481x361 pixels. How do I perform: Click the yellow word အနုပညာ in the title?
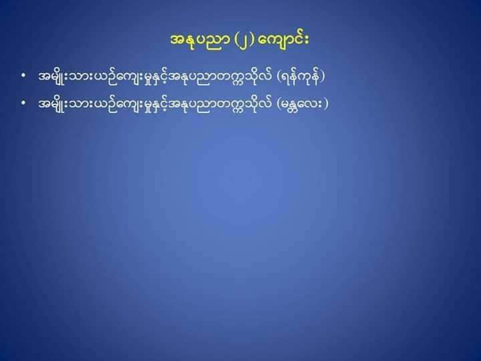199,40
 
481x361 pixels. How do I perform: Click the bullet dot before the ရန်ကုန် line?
23,75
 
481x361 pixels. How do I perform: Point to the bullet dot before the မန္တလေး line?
23,103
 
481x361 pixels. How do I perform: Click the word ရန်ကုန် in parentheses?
301,76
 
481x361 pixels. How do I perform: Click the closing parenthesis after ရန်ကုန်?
322,77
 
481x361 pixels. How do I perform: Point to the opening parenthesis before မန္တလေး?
279,104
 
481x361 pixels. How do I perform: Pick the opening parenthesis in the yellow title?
236,41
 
